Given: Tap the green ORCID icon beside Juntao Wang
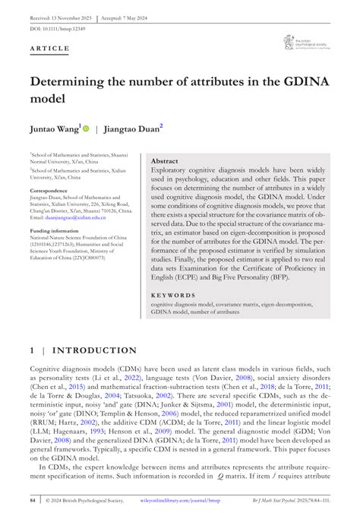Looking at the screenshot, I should coord(86,130).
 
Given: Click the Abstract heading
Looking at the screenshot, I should coord(165,162).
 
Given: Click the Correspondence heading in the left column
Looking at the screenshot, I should coord(49,189).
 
